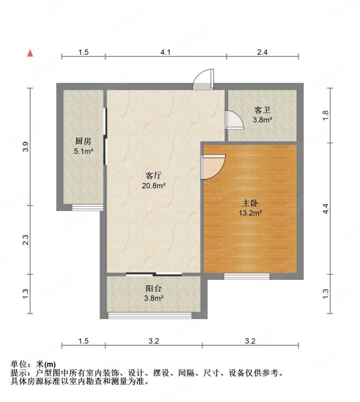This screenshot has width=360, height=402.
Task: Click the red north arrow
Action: click(30, 53)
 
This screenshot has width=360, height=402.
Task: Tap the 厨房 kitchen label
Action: click(83, 141)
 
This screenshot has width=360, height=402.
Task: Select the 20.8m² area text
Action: click(153, 185)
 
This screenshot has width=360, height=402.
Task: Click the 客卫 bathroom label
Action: click(262, 110)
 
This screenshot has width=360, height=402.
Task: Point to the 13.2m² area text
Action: click(250, 213)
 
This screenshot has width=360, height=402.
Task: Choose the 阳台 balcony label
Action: click(153, 288)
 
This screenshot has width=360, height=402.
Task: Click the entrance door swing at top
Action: click(204, 79)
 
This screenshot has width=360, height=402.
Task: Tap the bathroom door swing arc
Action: click(234, 120)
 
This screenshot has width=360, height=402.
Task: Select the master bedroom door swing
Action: click(213, 167)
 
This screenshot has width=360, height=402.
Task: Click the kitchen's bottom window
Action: click(87, 208)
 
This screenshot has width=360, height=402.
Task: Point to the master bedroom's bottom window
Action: click(246, 276)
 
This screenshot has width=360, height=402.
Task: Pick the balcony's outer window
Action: click(150, 316)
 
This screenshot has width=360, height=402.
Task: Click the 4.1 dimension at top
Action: click(165, 52)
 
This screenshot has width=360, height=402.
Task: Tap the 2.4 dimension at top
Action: click(262, 52)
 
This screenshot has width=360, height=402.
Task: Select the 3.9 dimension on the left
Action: click(26, 147)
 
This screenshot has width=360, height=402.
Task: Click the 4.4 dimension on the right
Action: click(326, 209)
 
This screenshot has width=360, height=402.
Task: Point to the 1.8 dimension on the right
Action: click(326, 116)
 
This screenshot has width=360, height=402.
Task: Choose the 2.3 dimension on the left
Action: click(26, 240)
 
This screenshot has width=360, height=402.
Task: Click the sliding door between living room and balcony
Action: click(154, 274)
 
